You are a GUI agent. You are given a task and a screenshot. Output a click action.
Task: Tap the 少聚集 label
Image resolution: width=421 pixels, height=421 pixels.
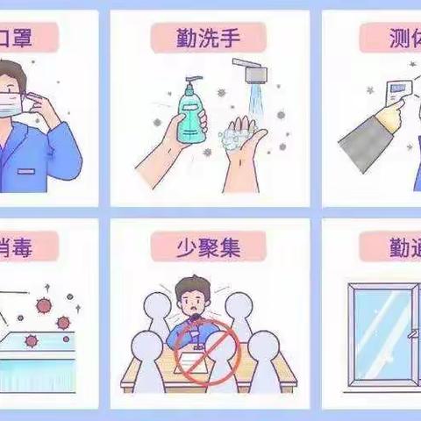point(208,246)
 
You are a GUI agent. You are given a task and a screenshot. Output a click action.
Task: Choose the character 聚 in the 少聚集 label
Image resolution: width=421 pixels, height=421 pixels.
point(208,246)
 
